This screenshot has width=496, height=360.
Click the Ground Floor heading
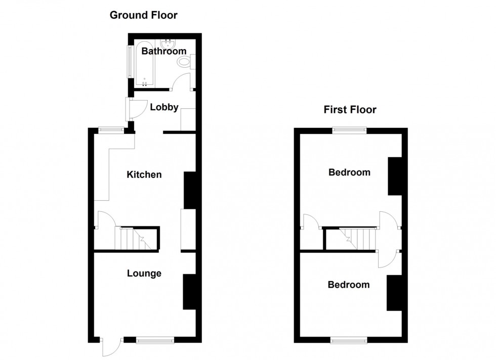[144, 15]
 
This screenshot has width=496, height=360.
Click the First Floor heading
[350, 110]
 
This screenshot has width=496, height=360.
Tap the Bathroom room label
[163, 51]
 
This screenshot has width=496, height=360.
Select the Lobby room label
[164, 107]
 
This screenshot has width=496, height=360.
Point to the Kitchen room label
[144, 175]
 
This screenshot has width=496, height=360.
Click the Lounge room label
[144, 274]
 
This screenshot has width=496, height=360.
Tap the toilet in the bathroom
[185, 62]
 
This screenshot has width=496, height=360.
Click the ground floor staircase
[134, 239]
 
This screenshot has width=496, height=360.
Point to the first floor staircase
[358, 239]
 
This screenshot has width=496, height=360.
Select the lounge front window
[155, 341]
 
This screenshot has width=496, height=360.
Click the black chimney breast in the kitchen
[189, 190]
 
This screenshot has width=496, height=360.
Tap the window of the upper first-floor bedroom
[349, 130]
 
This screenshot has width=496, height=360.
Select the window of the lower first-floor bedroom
[349, 341]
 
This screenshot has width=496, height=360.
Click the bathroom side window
[130, 62]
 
